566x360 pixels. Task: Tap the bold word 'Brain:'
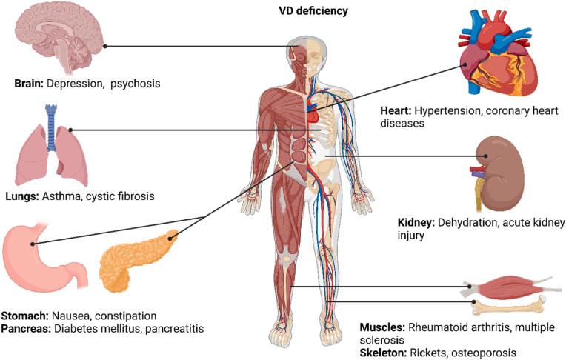[x=29, y=84]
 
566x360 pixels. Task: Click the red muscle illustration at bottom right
[x=507, y=285]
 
